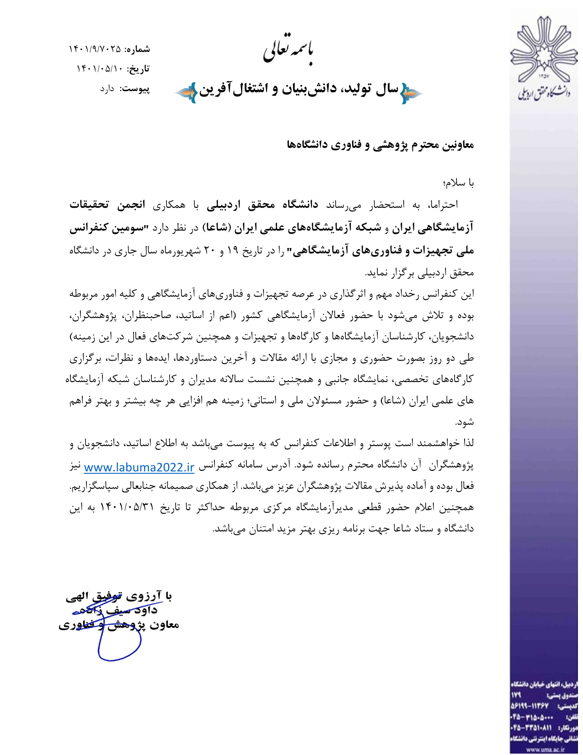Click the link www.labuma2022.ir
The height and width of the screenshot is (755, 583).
[139, 467]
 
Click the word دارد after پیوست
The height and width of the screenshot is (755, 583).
[107, 89]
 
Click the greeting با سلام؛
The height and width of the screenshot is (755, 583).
[458, 183]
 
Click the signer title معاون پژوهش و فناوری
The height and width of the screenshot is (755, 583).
[119, 625]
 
